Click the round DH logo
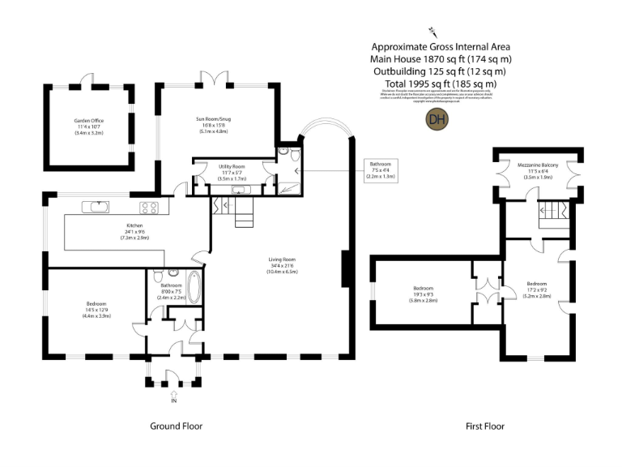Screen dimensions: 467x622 tap(437, 119)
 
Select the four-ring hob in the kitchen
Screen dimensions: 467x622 tap(150, 207)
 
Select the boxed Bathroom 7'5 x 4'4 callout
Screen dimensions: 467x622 tap(380, 170)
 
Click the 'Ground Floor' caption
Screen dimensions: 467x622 tap(176, 426)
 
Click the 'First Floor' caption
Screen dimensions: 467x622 tap(485, 426)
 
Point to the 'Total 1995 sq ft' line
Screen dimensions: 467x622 tap(441, 84)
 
